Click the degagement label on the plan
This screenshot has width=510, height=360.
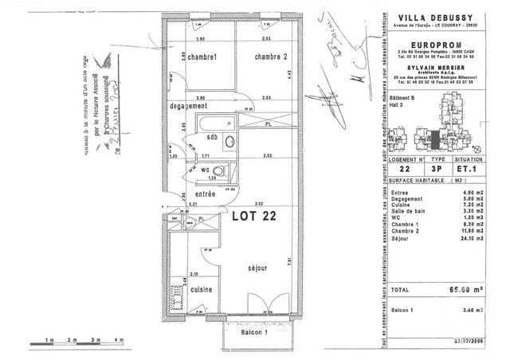coord(188,106)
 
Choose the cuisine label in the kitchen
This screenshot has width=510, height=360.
coord(200,292)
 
